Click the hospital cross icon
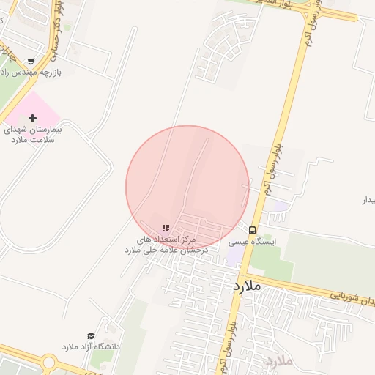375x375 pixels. pyautogui.click(x=32, y=118)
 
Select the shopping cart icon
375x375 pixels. pyautogui.click(x=30, y=62)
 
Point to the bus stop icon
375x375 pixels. pyautogui.click(x=253, y=229)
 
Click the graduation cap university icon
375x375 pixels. pyautogui.click(x=91, y=335)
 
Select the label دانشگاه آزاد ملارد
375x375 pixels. pyautogui.click(x=90, y=346)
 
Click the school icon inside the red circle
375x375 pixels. pyautogui.click(x=166, y=229)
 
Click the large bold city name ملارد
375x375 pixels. pyautogui.click(x=248, y=286)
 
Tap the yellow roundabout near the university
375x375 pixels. pyautogui.click(x=50, y=361)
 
